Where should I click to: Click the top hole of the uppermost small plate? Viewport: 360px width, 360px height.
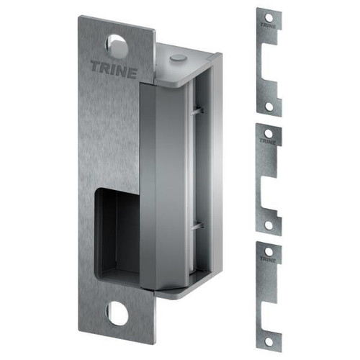pyautogui.click(x=269, y=16)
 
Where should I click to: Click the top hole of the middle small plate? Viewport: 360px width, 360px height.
pyautogui.click(x=269, y=133)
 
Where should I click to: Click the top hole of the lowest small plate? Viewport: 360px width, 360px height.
pyautogui.click(x=269, y=251)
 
